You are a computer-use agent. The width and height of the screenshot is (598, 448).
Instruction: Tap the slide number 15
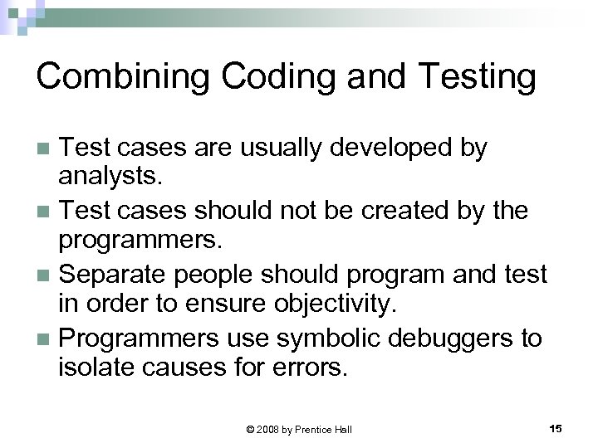[x=556, y=427]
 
